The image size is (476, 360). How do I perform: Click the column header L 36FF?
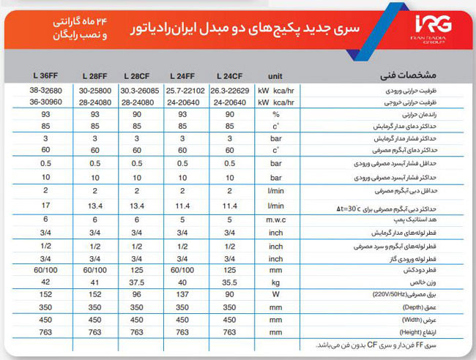(45, 76)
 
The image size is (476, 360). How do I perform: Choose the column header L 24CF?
(228, 76)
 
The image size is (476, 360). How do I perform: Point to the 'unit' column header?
(275, 76)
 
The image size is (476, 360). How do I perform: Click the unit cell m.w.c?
(275, 220)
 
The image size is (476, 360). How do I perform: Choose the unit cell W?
(275, 294)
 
